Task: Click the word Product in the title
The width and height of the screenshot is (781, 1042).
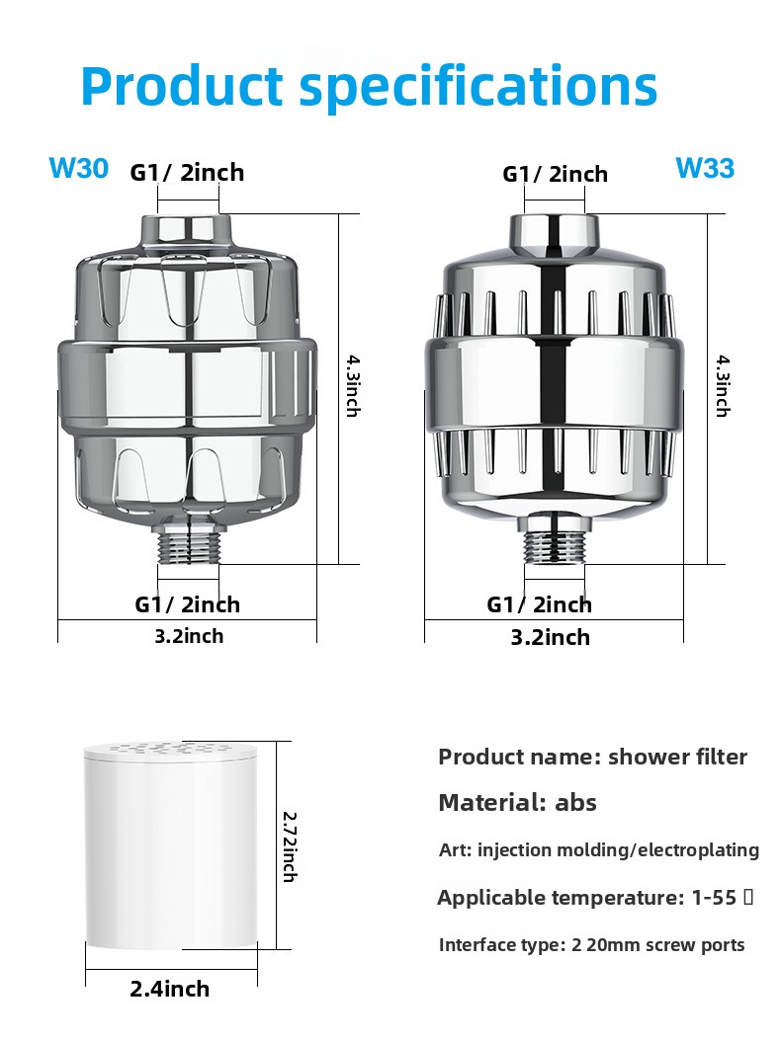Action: point(182,86)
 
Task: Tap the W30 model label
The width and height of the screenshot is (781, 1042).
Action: point(78,168)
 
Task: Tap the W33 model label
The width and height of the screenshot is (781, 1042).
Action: point(705,168)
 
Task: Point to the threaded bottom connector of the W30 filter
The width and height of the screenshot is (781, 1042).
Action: point(188,539)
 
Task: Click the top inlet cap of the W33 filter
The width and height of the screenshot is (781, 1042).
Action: point(555,235)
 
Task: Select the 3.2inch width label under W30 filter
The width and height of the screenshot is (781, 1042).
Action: point(189,636)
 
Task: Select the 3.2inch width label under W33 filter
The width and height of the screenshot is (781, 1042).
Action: point(550,637)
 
